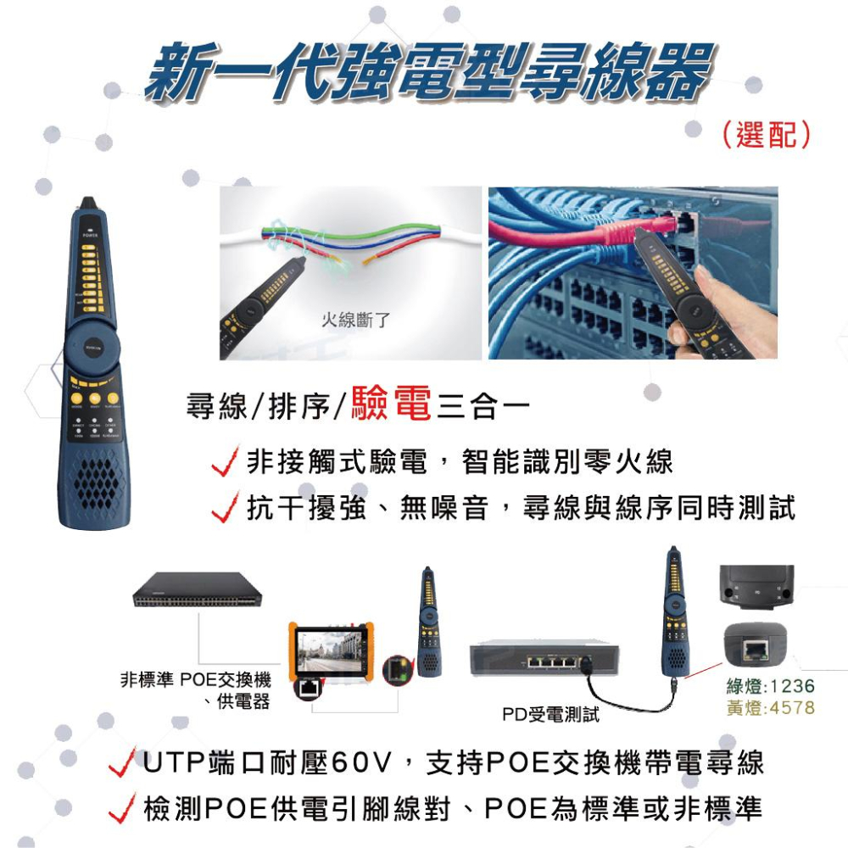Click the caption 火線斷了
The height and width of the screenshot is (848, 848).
[355, 320]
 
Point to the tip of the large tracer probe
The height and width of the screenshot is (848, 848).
[88, 204]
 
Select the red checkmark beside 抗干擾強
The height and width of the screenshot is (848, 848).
[226, 510]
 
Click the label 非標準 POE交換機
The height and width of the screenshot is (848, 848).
[197, 680]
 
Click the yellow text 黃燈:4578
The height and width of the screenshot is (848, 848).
[770, 707]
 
